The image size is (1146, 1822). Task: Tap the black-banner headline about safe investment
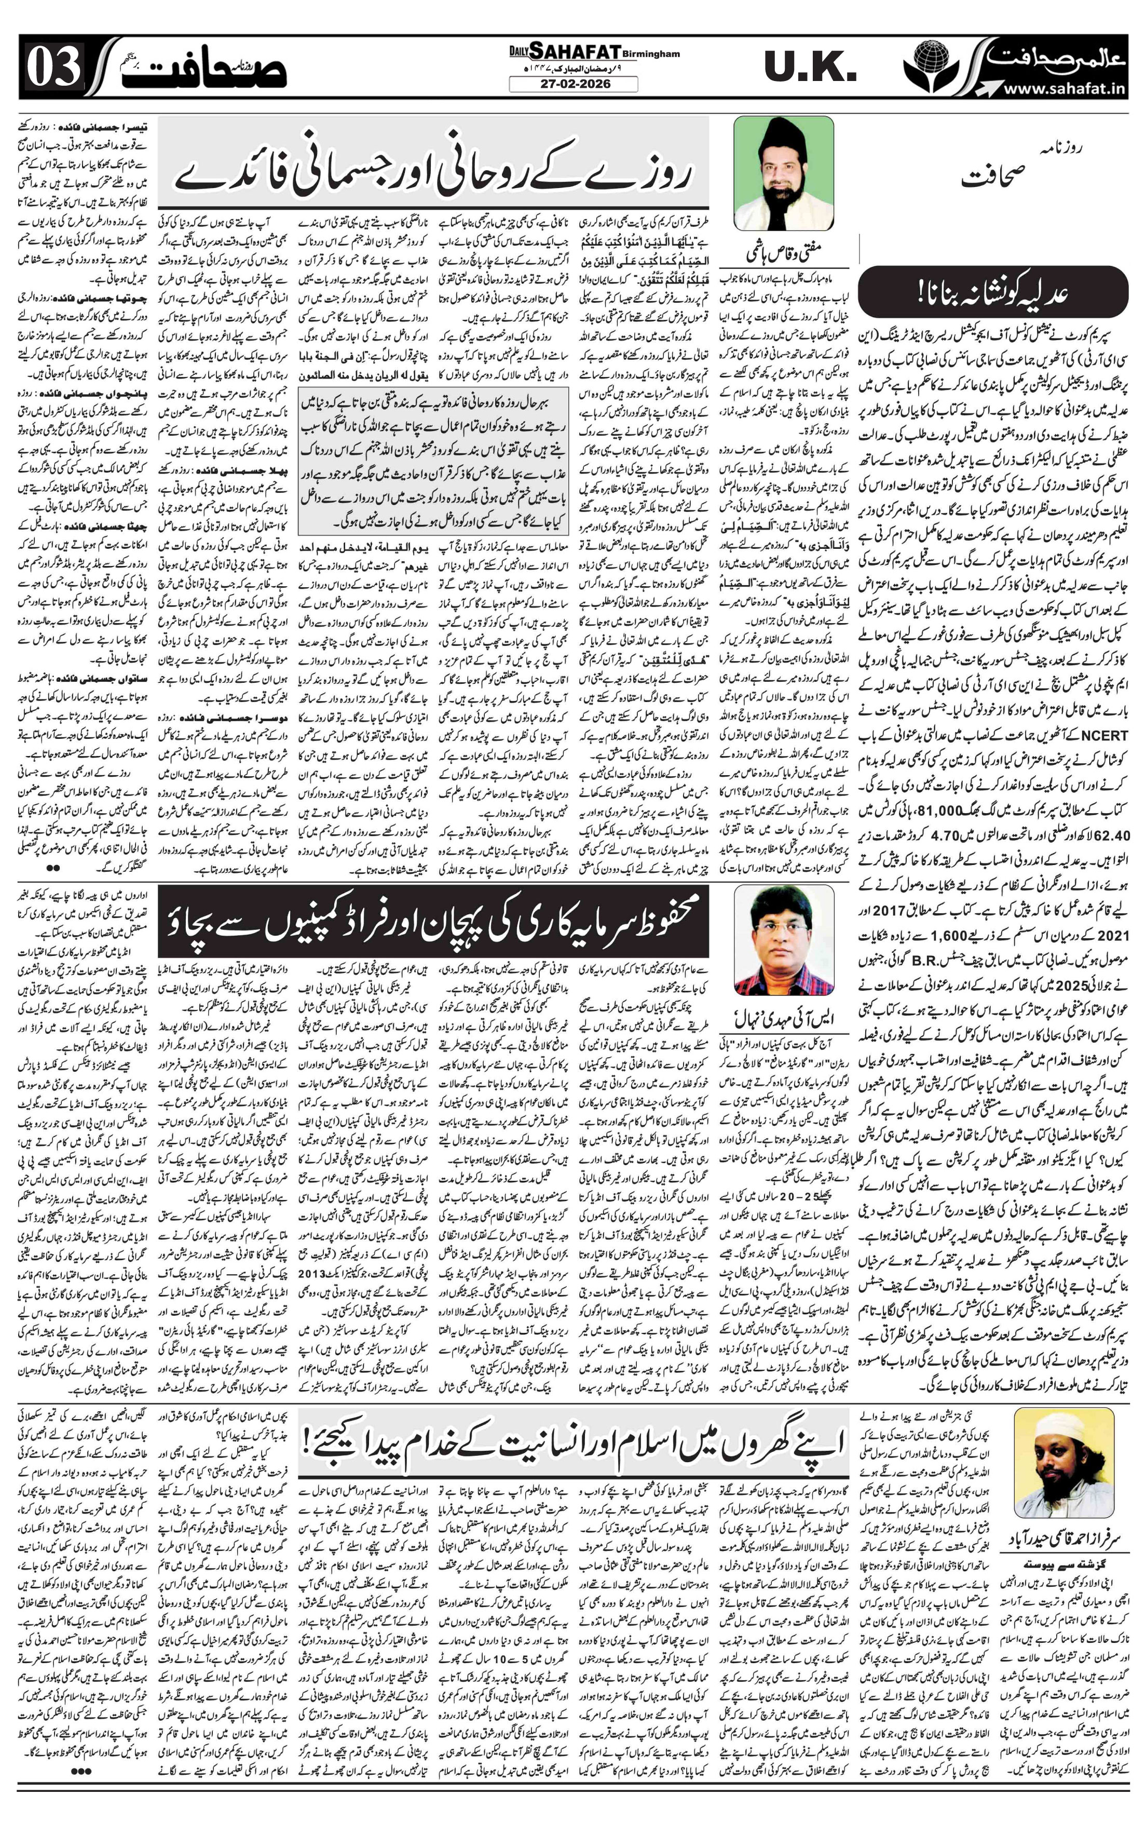[x=435, y=921]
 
